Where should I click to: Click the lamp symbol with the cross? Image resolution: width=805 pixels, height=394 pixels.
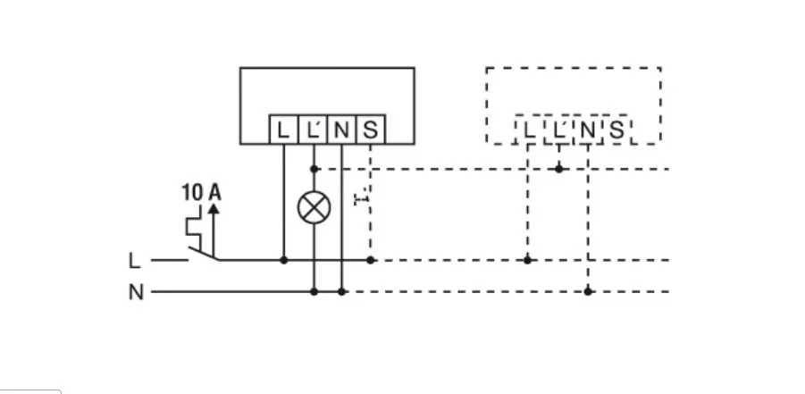[314, 207]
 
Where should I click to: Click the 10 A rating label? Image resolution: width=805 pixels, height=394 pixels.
[201, 191]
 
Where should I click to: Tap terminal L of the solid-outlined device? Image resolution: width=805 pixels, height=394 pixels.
[283, 130]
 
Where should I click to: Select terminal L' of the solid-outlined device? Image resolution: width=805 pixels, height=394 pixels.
[313, 130]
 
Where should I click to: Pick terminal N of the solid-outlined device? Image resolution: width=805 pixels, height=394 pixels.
[341, 130]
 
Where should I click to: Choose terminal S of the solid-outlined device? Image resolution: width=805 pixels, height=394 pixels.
[371, 130]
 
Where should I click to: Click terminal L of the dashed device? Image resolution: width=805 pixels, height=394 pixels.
[529, 131]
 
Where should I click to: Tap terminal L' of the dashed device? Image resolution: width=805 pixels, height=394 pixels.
[558, 131]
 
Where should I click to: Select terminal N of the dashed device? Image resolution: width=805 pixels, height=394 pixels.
[587, 131]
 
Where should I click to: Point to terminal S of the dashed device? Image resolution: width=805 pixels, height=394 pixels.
[616, 131]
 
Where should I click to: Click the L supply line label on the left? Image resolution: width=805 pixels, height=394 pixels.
[134, 261]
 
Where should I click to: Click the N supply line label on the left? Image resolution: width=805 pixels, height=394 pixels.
[135, 292]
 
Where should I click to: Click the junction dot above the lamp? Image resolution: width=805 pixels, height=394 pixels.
[314, 168]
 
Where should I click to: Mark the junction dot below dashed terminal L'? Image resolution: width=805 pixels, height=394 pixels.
[558, 168]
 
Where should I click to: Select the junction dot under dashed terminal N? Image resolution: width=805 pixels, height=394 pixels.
[588, 291]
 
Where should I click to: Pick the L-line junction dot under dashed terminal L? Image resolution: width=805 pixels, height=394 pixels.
[528, 260]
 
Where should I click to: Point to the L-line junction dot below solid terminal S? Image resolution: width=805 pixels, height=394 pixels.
[371, 260]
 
